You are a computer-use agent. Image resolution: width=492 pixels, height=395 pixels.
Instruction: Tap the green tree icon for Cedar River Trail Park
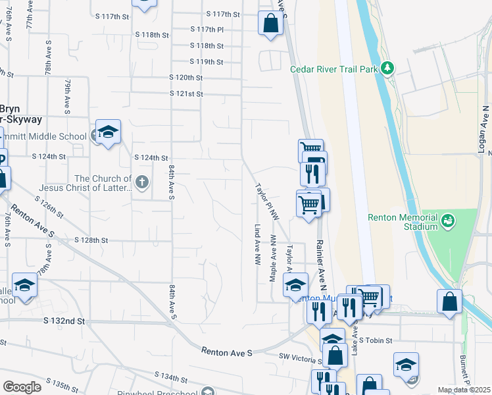click(x=388, y=67)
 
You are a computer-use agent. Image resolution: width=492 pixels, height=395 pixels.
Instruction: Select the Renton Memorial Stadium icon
click(x=448, y=219)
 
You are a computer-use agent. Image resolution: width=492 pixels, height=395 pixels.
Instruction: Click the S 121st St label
click(x=185, y=93)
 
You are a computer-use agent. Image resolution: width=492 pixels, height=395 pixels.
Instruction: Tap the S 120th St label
click(x=185, y=77)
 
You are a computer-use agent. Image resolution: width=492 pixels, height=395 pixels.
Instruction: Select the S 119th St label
click(x=206, y=61)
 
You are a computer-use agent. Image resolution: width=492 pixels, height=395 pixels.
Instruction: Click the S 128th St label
click(x=91, y=240)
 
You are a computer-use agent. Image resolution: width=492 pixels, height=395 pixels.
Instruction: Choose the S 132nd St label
click(x=64, y=321)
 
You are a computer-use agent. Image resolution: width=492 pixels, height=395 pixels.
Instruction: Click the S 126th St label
click(x=50, y=206)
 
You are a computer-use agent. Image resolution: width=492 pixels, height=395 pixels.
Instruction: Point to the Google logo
click(x=22, y=386)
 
